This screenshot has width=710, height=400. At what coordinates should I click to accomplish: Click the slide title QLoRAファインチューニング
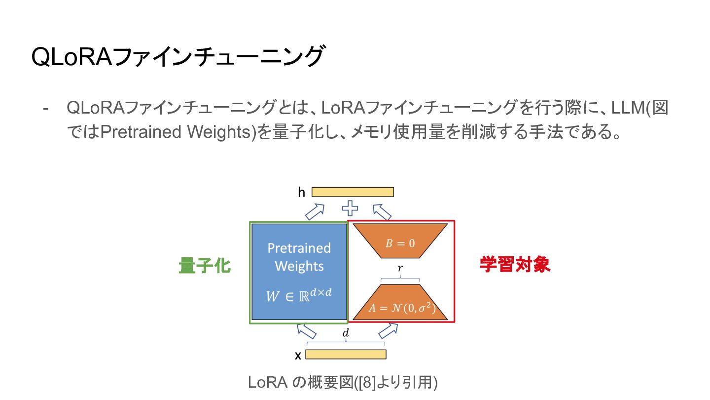(x=178, y=57)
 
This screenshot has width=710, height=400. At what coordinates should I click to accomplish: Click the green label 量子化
(x=205, y=266)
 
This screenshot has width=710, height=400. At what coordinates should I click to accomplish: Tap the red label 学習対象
(x=515, y=265)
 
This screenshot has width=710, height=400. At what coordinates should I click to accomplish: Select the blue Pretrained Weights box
(x=299, y=257)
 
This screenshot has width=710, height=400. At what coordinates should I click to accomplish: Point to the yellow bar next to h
(x=353, y=192)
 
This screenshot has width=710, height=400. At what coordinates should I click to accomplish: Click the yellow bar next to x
(x=346, y=354)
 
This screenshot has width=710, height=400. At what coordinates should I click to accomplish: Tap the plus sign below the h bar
(x=350, y=208)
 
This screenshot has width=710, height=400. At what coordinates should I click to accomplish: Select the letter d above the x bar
(x=346, y=333)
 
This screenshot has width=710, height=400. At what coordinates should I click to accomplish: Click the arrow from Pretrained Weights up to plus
(x=315, y=212)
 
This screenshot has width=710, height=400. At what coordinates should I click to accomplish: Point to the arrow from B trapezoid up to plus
(x=382, y=212)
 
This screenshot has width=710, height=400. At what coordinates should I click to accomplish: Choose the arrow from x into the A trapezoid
(x=388, y=329)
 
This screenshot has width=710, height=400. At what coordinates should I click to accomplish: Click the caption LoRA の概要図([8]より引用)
(x=343, y=382)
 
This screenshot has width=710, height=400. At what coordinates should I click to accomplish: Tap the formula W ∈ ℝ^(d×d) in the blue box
(x=299, y=295)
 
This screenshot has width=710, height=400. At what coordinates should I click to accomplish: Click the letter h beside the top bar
(x=301, y=192)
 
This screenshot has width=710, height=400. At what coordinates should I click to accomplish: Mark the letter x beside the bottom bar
(x=298, y=355)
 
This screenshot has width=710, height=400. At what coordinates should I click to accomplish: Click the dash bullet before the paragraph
(x=46, y=108)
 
